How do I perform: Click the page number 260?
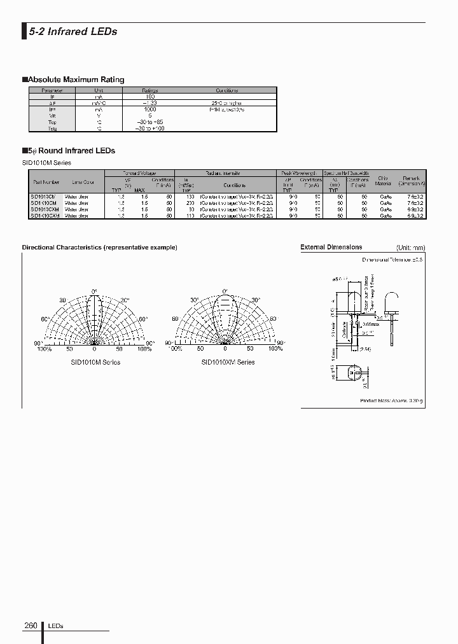pyautogui.click(x=31, y=626)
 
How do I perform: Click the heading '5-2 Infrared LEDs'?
pyautogui.click(x=73, y=32)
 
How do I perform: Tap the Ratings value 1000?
pyautogui.click(x=150, y=109)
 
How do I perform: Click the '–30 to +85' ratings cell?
pyautogui.click(x=150, y=122)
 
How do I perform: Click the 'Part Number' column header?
pyautogui.click(x=45, y=182)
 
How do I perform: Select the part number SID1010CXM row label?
pyautogui.click(x=45, y=209)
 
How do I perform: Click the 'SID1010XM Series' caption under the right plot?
pyautogui.click(x=228, y=362)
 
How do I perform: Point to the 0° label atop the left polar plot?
pyautogui.click(x=94, y=290)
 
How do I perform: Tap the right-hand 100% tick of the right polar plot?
pyautogui.click(x=275, y=349)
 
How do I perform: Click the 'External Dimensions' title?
pyautogui.click(x=331, y=247)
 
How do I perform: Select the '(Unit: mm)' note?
pyautogui.click(x=410, y=248)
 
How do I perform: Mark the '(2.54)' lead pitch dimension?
pyautogui.click(x=365, y=349)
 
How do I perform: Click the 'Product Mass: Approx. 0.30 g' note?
pyautogui.click(x=391, y=400)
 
